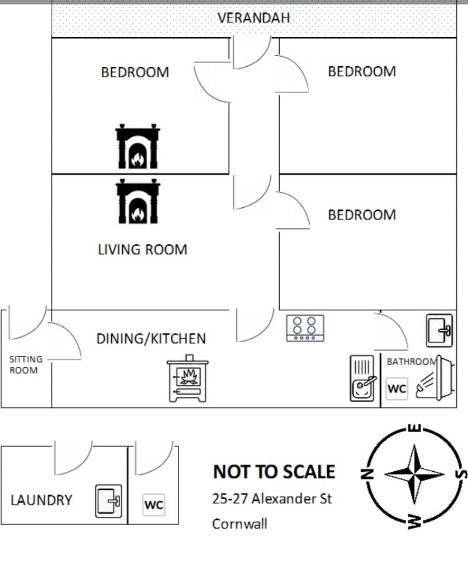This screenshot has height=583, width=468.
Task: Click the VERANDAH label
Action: click(253, 18)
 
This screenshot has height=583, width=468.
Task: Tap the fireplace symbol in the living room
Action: click(138, 201)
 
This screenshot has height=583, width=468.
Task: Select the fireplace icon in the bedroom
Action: click(137, 146)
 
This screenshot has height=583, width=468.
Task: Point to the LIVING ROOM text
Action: click(142, 249)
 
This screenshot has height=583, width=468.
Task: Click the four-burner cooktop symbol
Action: click(305, 328)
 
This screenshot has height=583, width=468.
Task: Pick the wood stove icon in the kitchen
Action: click(188, 379)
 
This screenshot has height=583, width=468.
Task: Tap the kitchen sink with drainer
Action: click(362, 379)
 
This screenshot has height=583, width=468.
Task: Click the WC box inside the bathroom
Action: click(397, 389)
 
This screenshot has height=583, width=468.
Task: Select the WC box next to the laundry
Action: click(154, 505)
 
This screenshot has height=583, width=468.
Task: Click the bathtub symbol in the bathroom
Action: click(435, 378)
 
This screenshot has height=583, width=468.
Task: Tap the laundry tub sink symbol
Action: click(109, 501)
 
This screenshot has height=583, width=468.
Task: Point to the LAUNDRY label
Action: click(42, 500)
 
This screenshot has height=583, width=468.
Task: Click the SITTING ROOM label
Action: click(26, 365)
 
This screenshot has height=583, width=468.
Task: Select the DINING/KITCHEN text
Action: click(151, 339)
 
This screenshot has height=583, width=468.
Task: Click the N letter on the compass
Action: click(367, 474)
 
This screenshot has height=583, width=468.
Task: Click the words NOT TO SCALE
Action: click(274, 472)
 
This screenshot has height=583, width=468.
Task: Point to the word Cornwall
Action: click(240, 524)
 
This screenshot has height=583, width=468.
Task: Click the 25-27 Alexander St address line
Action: click(271, 499)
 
